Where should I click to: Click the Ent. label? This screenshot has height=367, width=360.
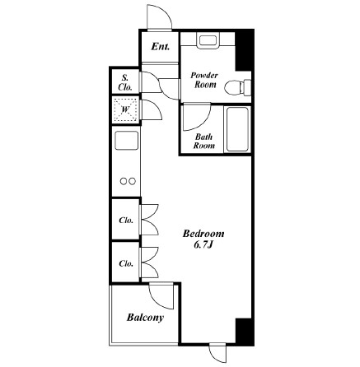pos(161,47)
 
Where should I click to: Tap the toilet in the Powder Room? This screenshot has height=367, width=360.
pos(237,87)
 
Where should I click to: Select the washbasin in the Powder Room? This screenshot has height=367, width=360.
pos(208,40)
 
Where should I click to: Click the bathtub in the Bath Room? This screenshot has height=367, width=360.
pos(237,129)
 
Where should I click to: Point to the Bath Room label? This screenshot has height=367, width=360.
pos(203,141)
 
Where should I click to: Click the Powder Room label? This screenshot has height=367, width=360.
pos(204,80)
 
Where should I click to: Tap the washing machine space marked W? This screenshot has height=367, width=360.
pos(125,109)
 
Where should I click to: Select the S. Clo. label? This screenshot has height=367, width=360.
pos(125,82)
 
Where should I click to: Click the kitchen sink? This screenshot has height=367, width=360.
pos(126,141)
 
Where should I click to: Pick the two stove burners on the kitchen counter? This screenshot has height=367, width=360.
pos(129,181)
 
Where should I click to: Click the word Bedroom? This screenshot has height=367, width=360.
pos(203,234)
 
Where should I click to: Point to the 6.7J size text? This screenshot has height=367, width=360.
pos(203,244)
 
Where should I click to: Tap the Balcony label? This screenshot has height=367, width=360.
pos(145,318)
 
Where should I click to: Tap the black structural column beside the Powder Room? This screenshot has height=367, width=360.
pos(244,50)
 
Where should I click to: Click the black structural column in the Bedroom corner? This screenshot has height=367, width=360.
pos(245,331)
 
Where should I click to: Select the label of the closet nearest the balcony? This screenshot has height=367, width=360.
pos(126,263)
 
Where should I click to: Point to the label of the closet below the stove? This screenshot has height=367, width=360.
pos(126,220)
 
